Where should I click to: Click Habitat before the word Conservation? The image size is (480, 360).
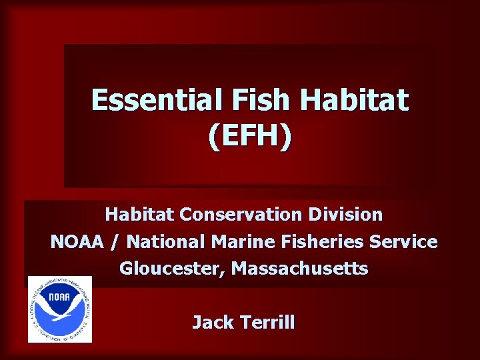tap(140, 215)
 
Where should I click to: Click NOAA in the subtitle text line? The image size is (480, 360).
tap(76, 242)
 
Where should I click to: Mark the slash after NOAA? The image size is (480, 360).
tap(116, 242)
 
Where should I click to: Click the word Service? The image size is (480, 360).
tap(407, 242)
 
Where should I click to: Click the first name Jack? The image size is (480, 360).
tap(212, 323)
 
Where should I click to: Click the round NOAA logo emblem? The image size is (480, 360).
tap(60, 309)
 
